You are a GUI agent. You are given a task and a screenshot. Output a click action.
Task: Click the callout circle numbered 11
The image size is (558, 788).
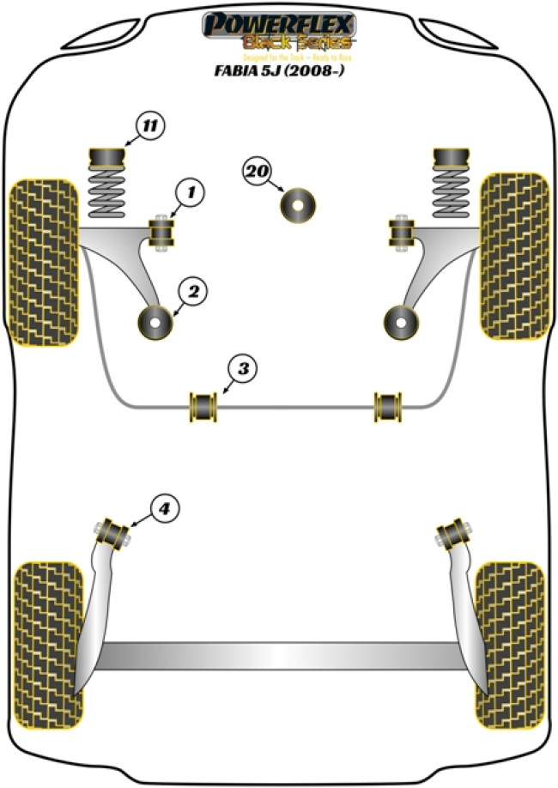point(149,128)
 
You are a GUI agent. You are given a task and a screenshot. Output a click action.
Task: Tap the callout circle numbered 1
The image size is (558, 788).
point(191,194)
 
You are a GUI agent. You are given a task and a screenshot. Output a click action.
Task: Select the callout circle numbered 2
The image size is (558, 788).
point(192,293)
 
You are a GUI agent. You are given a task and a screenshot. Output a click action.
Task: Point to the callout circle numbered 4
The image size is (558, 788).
point(164,509)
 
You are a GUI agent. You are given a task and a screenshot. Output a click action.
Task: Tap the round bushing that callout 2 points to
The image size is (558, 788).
point(157,323)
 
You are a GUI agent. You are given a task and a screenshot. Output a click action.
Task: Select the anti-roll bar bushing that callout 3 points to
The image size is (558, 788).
point(203,406)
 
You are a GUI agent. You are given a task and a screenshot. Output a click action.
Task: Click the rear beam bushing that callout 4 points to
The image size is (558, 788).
point(113,532)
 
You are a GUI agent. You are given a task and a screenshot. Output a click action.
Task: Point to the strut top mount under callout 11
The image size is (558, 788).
point(107,159)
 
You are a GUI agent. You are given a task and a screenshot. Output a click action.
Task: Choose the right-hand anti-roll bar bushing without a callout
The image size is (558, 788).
point(389,406)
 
